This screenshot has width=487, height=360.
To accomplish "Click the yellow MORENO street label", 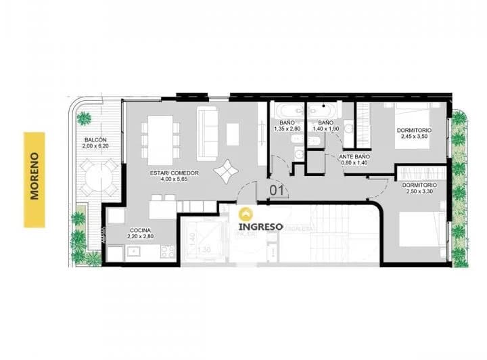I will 34,179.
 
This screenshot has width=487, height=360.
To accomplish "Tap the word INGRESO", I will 260,226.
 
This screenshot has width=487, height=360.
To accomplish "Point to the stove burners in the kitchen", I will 164,252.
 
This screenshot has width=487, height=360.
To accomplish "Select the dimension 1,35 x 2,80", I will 287,129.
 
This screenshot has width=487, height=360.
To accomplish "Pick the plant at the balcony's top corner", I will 84,119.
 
